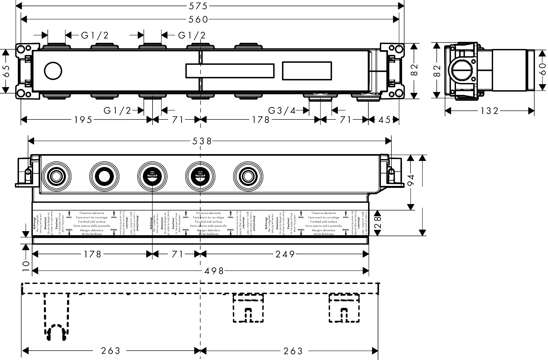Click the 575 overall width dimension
pyautogui.click(x=198, y=6)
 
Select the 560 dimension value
pyautogui.click(x=198, y=19)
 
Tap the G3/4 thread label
pyautogui.click(x=282, y=110)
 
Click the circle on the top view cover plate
pyautogui.click(x=53, y=71)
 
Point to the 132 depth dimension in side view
pyautogui.click(x=489, y=111)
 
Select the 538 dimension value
pyautogui.click(x=202, y=141)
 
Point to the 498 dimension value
pyautogui.click(x=214, y=271)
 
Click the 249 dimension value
pyautogui.click(x=285, y=255)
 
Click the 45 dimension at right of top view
pyautogui.click(x=384, y=120)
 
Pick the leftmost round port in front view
pyautogui.click(x=56, y=177)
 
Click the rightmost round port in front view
pyautogui.click(x=248, y=177)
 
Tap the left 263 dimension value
pyautogui.click(x=110, y=351)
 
